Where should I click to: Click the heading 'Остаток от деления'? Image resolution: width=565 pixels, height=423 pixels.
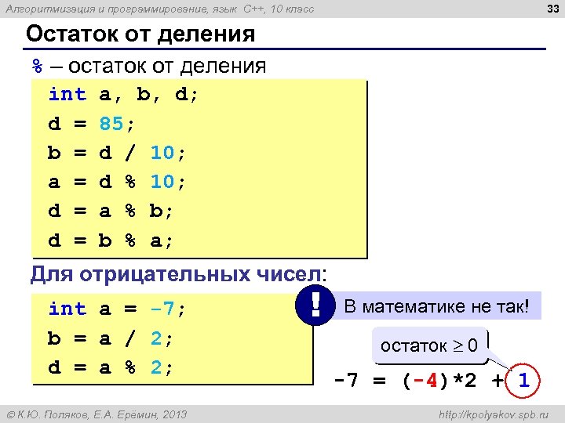click(x=140, y=34)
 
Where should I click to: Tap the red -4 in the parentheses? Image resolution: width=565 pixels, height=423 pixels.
click(x=425, y=382)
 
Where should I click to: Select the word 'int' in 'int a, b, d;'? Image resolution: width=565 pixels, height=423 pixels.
click(x=67, y=95)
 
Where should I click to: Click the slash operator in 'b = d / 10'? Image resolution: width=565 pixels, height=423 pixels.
click(x=130, y=153)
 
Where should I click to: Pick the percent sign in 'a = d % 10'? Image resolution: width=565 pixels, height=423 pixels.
click(x=130, y=183)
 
